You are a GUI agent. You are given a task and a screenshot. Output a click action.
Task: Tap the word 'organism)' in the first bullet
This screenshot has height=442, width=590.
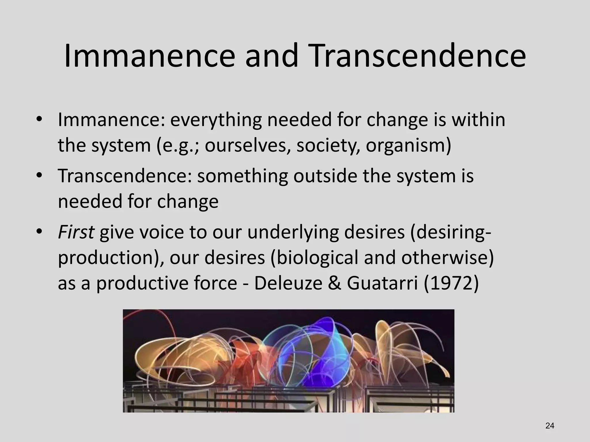(408, 145)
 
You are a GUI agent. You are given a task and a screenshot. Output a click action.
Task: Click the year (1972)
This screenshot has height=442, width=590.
(451, 283)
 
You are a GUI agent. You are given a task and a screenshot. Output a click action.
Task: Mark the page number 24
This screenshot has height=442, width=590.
(550, 426)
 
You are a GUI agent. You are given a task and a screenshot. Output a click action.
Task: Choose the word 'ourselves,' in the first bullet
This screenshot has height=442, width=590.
(248, 145)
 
